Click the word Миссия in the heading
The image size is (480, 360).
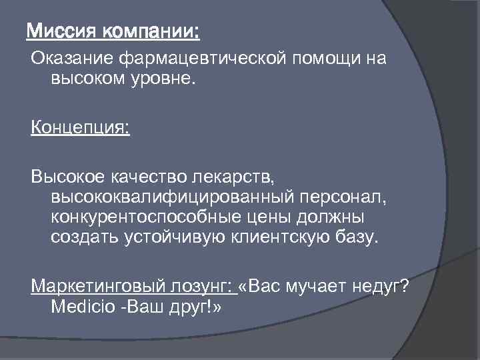point(61,31)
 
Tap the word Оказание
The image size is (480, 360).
point(72,59)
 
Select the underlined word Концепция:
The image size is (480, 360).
point(80,127)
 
